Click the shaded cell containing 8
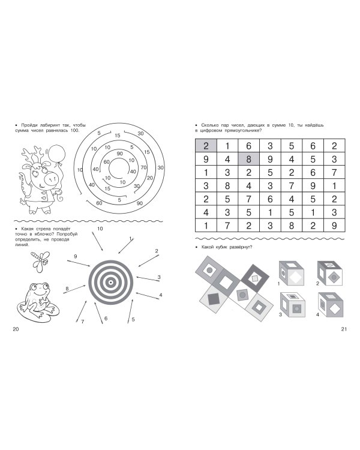[x=248, y=159]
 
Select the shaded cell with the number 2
[x=206, y=146]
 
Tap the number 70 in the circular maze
[x=143, y=167]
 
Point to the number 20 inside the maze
[x=149, y=178]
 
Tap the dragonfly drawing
[x=40, y=261]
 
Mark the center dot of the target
[x=110, y=283]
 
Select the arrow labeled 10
[x=98, y=241]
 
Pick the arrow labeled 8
[x=74, y=289]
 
